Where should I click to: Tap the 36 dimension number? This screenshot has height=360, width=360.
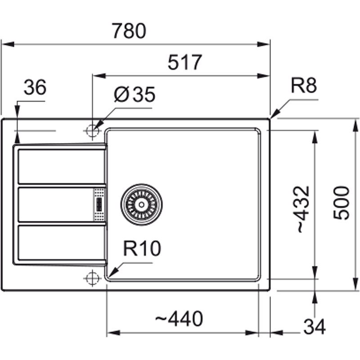(35, 88)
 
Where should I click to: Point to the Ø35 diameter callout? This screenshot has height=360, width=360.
(135, 94)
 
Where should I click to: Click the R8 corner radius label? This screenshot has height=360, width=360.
(304, 86)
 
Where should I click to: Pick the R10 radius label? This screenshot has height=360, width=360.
(142, 248)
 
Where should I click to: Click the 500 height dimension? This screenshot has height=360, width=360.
(342, 202)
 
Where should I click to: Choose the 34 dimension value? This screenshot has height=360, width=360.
(314, 327)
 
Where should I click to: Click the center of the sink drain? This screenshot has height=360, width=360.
(141, 204)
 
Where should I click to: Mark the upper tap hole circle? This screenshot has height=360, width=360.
(92, 130)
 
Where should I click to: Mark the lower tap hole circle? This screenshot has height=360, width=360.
(92, 278)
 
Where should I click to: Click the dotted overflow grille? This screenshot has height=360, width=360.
(99, 205)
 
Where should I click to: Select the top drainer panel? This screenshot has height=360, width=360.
(61, 166)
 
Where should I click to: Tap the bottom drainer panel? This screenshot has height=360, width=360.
(61, 243)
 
